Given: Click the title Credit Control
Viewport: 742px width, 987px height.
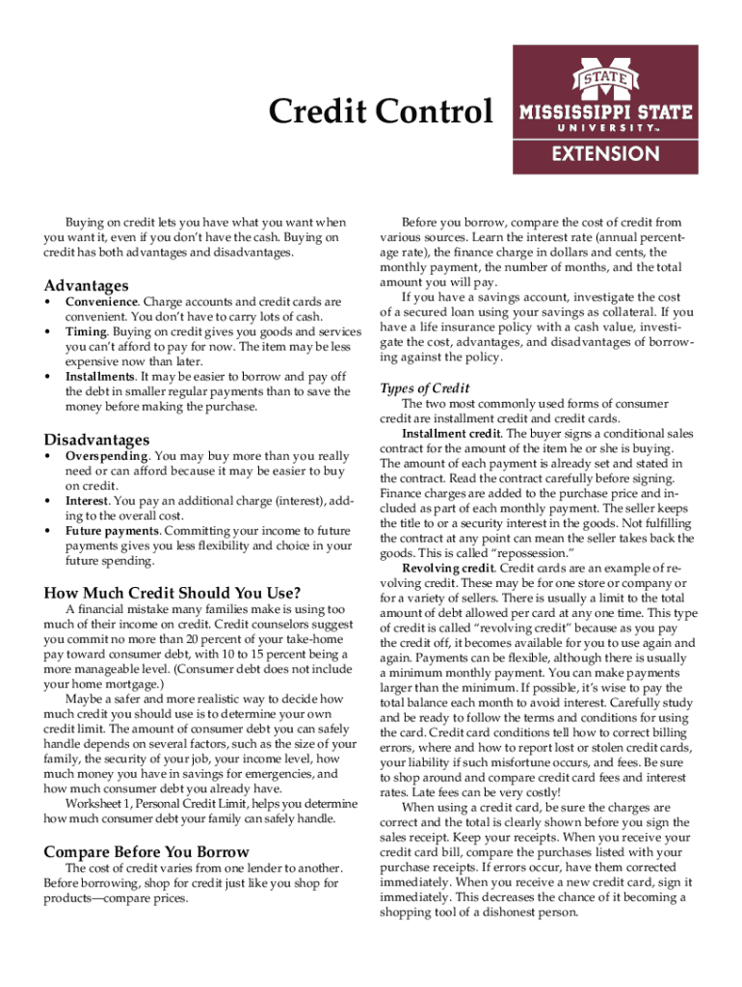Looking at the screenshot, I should [x=380, y=113].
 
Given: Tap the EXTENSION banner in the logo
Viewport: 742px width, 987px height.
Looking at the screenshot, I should [x=605, y=153].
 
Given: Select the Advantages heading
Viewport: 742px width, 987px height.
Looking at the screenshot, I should [x=86, y=286].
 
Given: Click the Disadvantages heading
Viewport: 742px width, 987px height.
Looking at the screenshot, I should [x=97, y=440].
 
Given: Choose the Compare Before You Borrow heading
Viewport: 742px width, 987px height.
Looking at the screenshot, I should [x=146, y=852].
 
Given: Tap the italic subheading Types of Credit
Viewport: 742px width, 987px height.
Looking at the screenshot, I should [x=425, y=388].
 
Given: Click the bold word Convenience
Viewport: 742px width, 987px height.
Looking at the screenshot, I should [x=101, y=302].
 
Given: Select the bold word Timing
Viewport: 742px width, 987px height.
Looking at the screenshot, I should [x=86, y=332].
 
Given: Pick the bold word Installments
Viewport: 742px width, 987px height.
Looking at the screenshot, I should [x=99, y=377].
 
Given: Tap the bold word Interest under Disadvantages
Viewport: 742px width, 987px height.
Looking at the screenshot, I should [x=86, y=501].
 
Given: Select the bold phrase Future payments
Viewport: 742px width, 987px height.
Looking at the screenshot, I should [x=112, y=531].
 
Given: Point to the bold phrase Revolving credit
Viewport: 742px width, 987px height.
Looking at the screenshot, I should [x=446, y=569].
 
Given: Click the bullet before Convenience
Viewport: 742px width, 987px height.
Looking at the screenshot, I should [x=48, y=302].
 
